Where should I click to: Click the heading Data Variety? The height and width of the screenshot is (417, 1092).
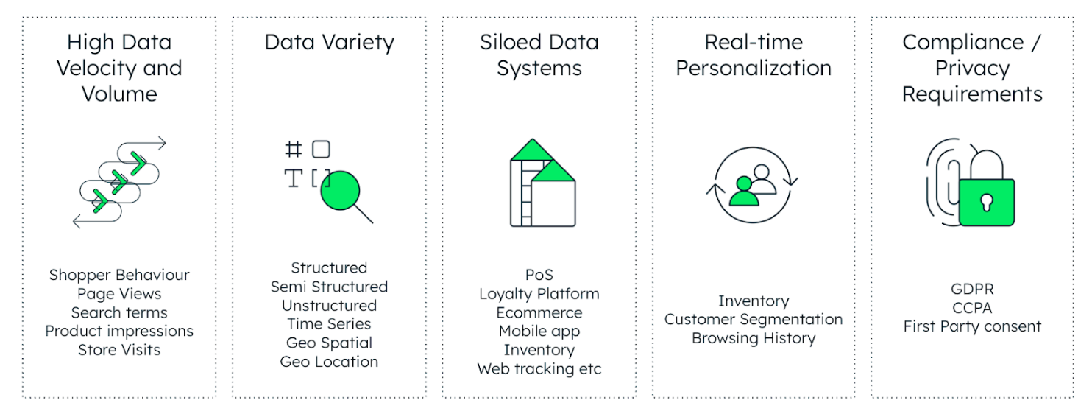(x=329, y=42)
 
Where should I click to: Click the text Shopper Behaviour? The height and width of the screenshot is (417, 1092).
(x=119, y=275)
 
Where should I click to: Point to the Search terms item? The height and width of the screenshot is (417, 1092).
(x=119, y=312)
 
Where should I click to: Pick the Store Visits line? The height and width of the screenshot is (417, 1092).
(x=119, y=350)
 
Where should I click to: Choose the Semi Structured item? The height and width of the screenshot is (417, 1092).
(x=329, y=287)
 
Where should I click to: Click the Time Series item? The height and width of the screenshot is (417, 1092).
(x=329, y=324)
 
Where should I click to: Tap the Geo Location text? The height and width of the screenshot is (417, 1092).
(x=329, y=362)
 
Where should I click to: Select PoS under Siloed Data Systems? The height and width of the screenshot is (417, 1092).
(x=539, y=276)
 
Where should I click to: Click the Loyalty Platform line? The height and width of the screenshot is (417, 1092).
(x=539, y=294)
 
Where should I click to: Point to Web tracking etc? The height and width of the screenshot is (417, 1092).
(x=539, y=369)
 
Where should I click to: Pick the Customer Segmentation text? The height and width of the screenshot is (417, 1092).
(x=754, y=320)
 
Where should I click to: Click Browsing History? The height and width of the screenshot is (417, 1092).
(x=754, y=339)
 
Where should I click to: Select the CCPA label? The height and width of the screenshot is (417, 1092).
(x=972, y=307)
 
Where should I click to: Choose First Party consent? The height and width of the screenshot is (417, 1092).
(x=972, y=326)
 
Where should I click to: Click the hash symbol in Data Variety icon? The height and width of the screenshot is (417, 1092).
(x=293, y=150)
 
